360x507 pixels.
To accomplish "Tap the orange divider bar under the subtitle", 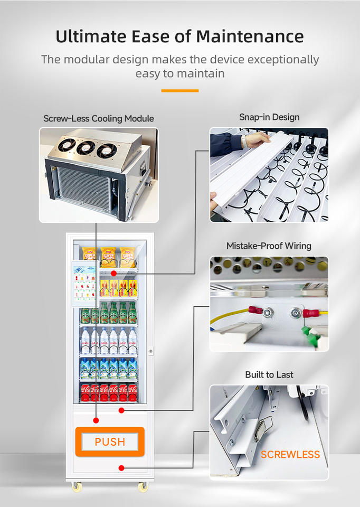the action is click(x=179, y=91).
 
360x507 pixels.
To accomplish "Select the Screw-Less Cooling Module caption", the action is click(x=99, y=118).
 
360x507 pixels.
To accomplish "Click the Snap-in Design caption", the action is click(x=269, y=117).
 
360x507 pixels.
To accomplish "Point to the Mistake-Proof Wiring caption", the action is click(x=269, y=246).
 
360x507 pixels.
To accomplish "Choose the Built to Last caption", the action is click(x=269, y=374).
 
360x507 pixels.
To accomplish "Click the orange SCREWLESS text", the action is click(x=290, y=454).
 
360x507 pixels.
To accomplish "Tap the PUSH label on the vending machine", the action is click(x=110, y=442).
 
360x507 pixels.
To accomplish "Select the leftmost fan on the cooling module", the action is click(x=67, y=144).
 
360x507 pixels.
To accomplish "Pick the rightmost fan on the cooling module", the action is click(x=106, y=151).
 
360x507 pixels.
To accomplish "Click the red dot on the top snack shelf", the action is click(x=113, y=274).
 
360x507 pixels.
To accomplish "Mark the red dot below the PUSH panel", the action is click(x=121, y=467).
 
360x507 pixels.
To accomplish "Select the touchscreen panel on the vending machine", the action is click(x=84, y=284).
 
